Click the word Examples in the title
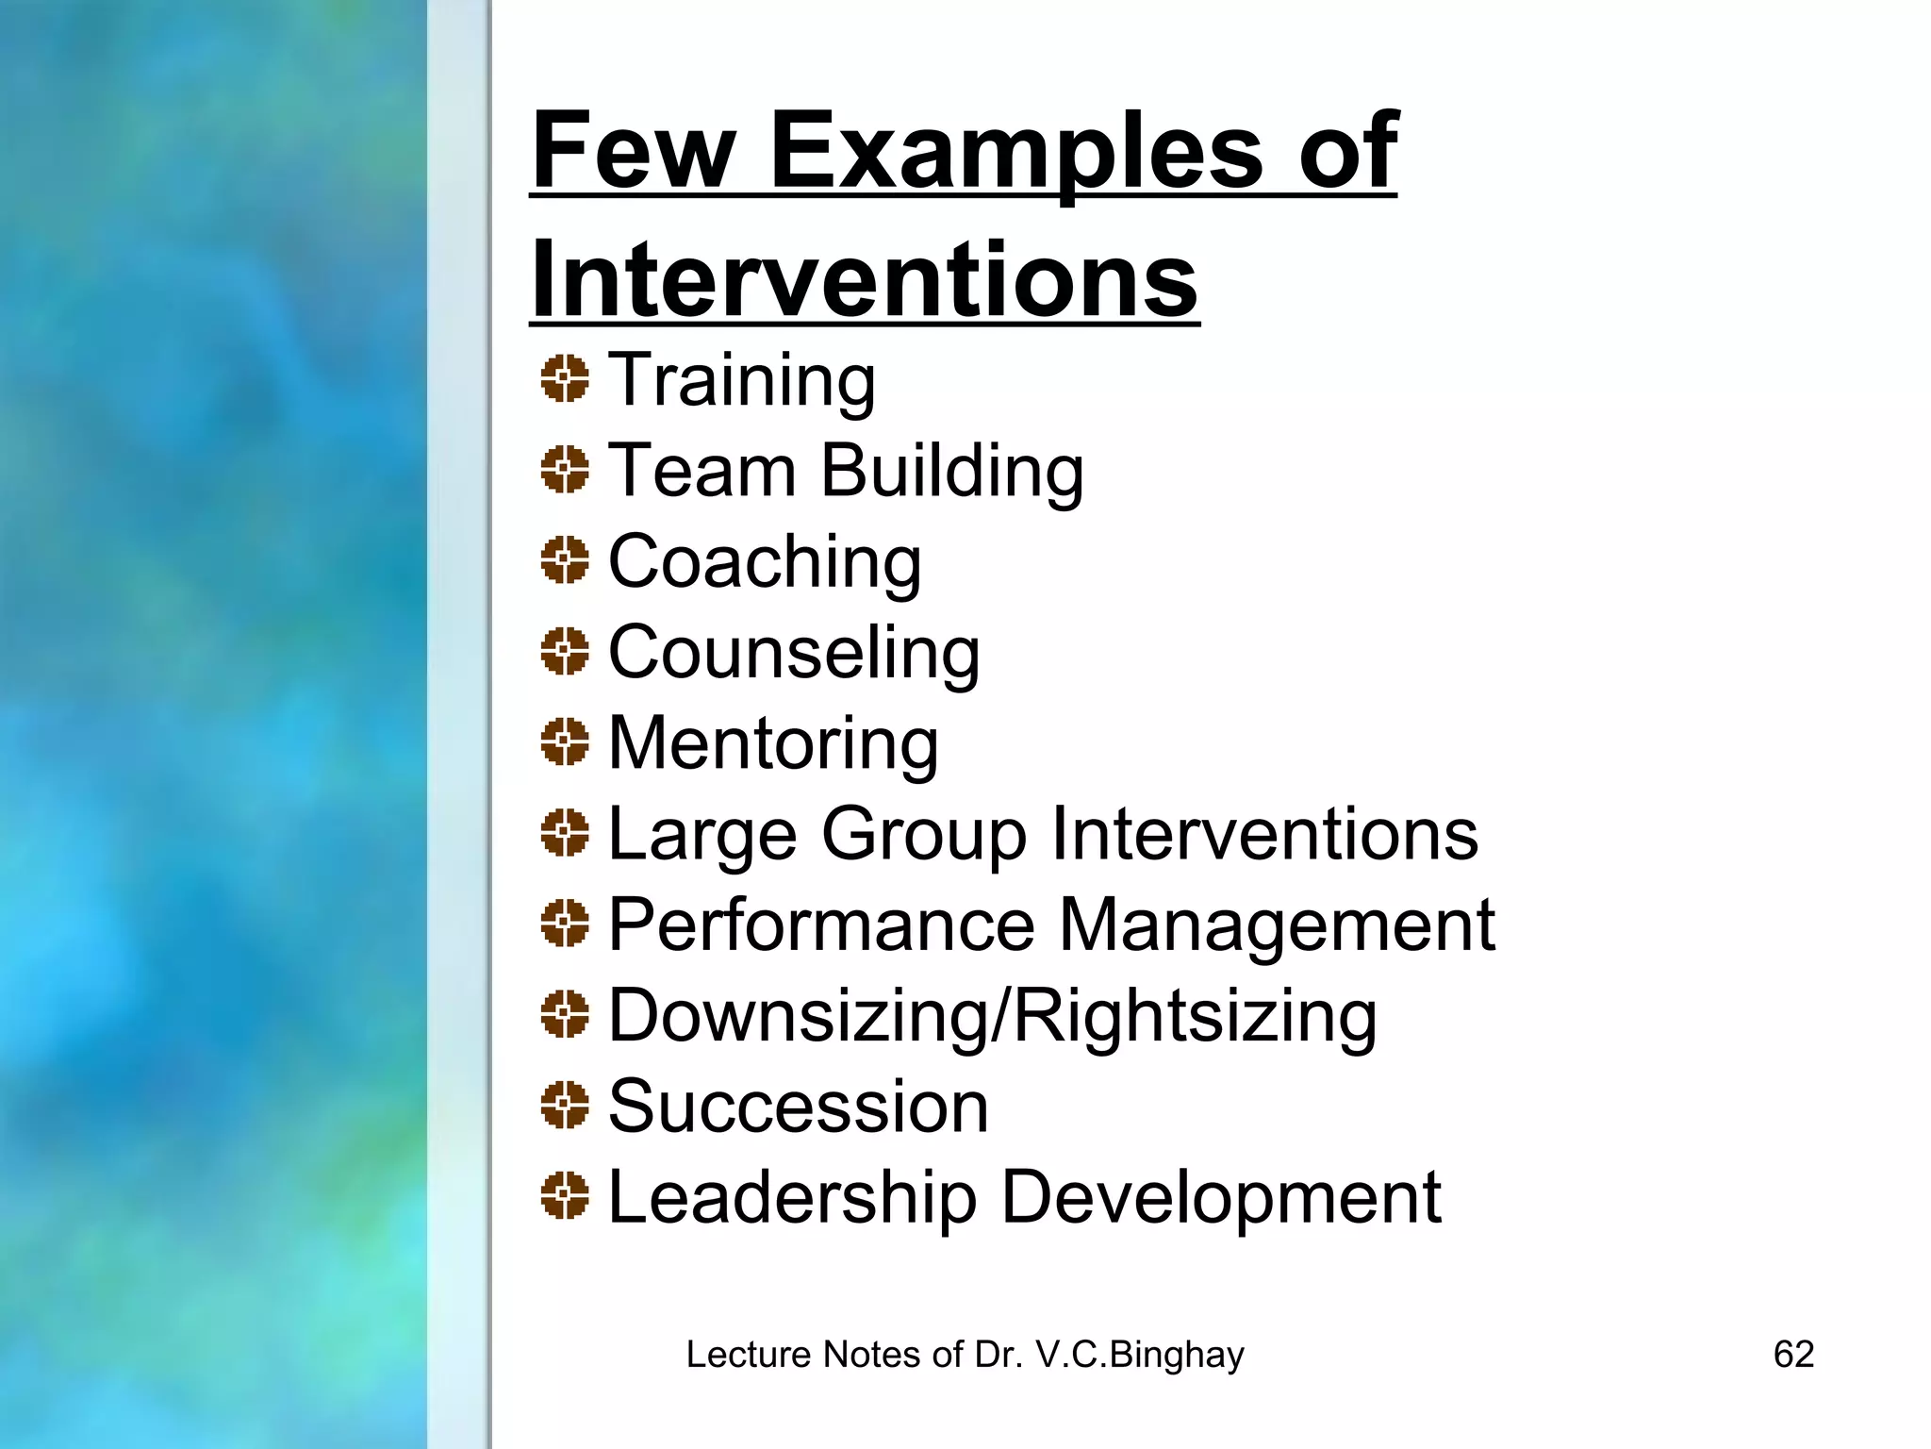tap(1015, 151)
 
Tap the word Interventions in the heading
tap(864, 280)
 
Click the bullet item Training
tap(742, 380)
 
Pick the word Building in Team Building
tap(952, 470)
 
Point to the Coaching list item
tap(765, 561)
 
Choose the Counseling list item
tap(794, 652)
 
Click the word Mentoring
tap(773, 742)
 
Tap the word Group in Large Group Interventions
tap(924, 834)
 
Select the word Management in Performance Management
tap(1277, 924)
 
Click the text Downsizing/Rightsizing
tap(992, 1016)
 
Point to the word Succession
tap(798, 1107)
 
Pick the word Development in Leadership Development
tap(1220, 1197)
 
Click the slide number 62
tap(1793, 1355)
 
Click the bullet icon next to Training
tap(565, 379)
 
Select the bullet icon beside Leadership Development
tap(565, 1196)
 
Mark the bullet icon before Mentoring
tap(565, 741)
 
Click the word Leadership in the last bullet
tap(792, 1197)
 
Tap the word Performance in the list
tap(821, 924)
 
